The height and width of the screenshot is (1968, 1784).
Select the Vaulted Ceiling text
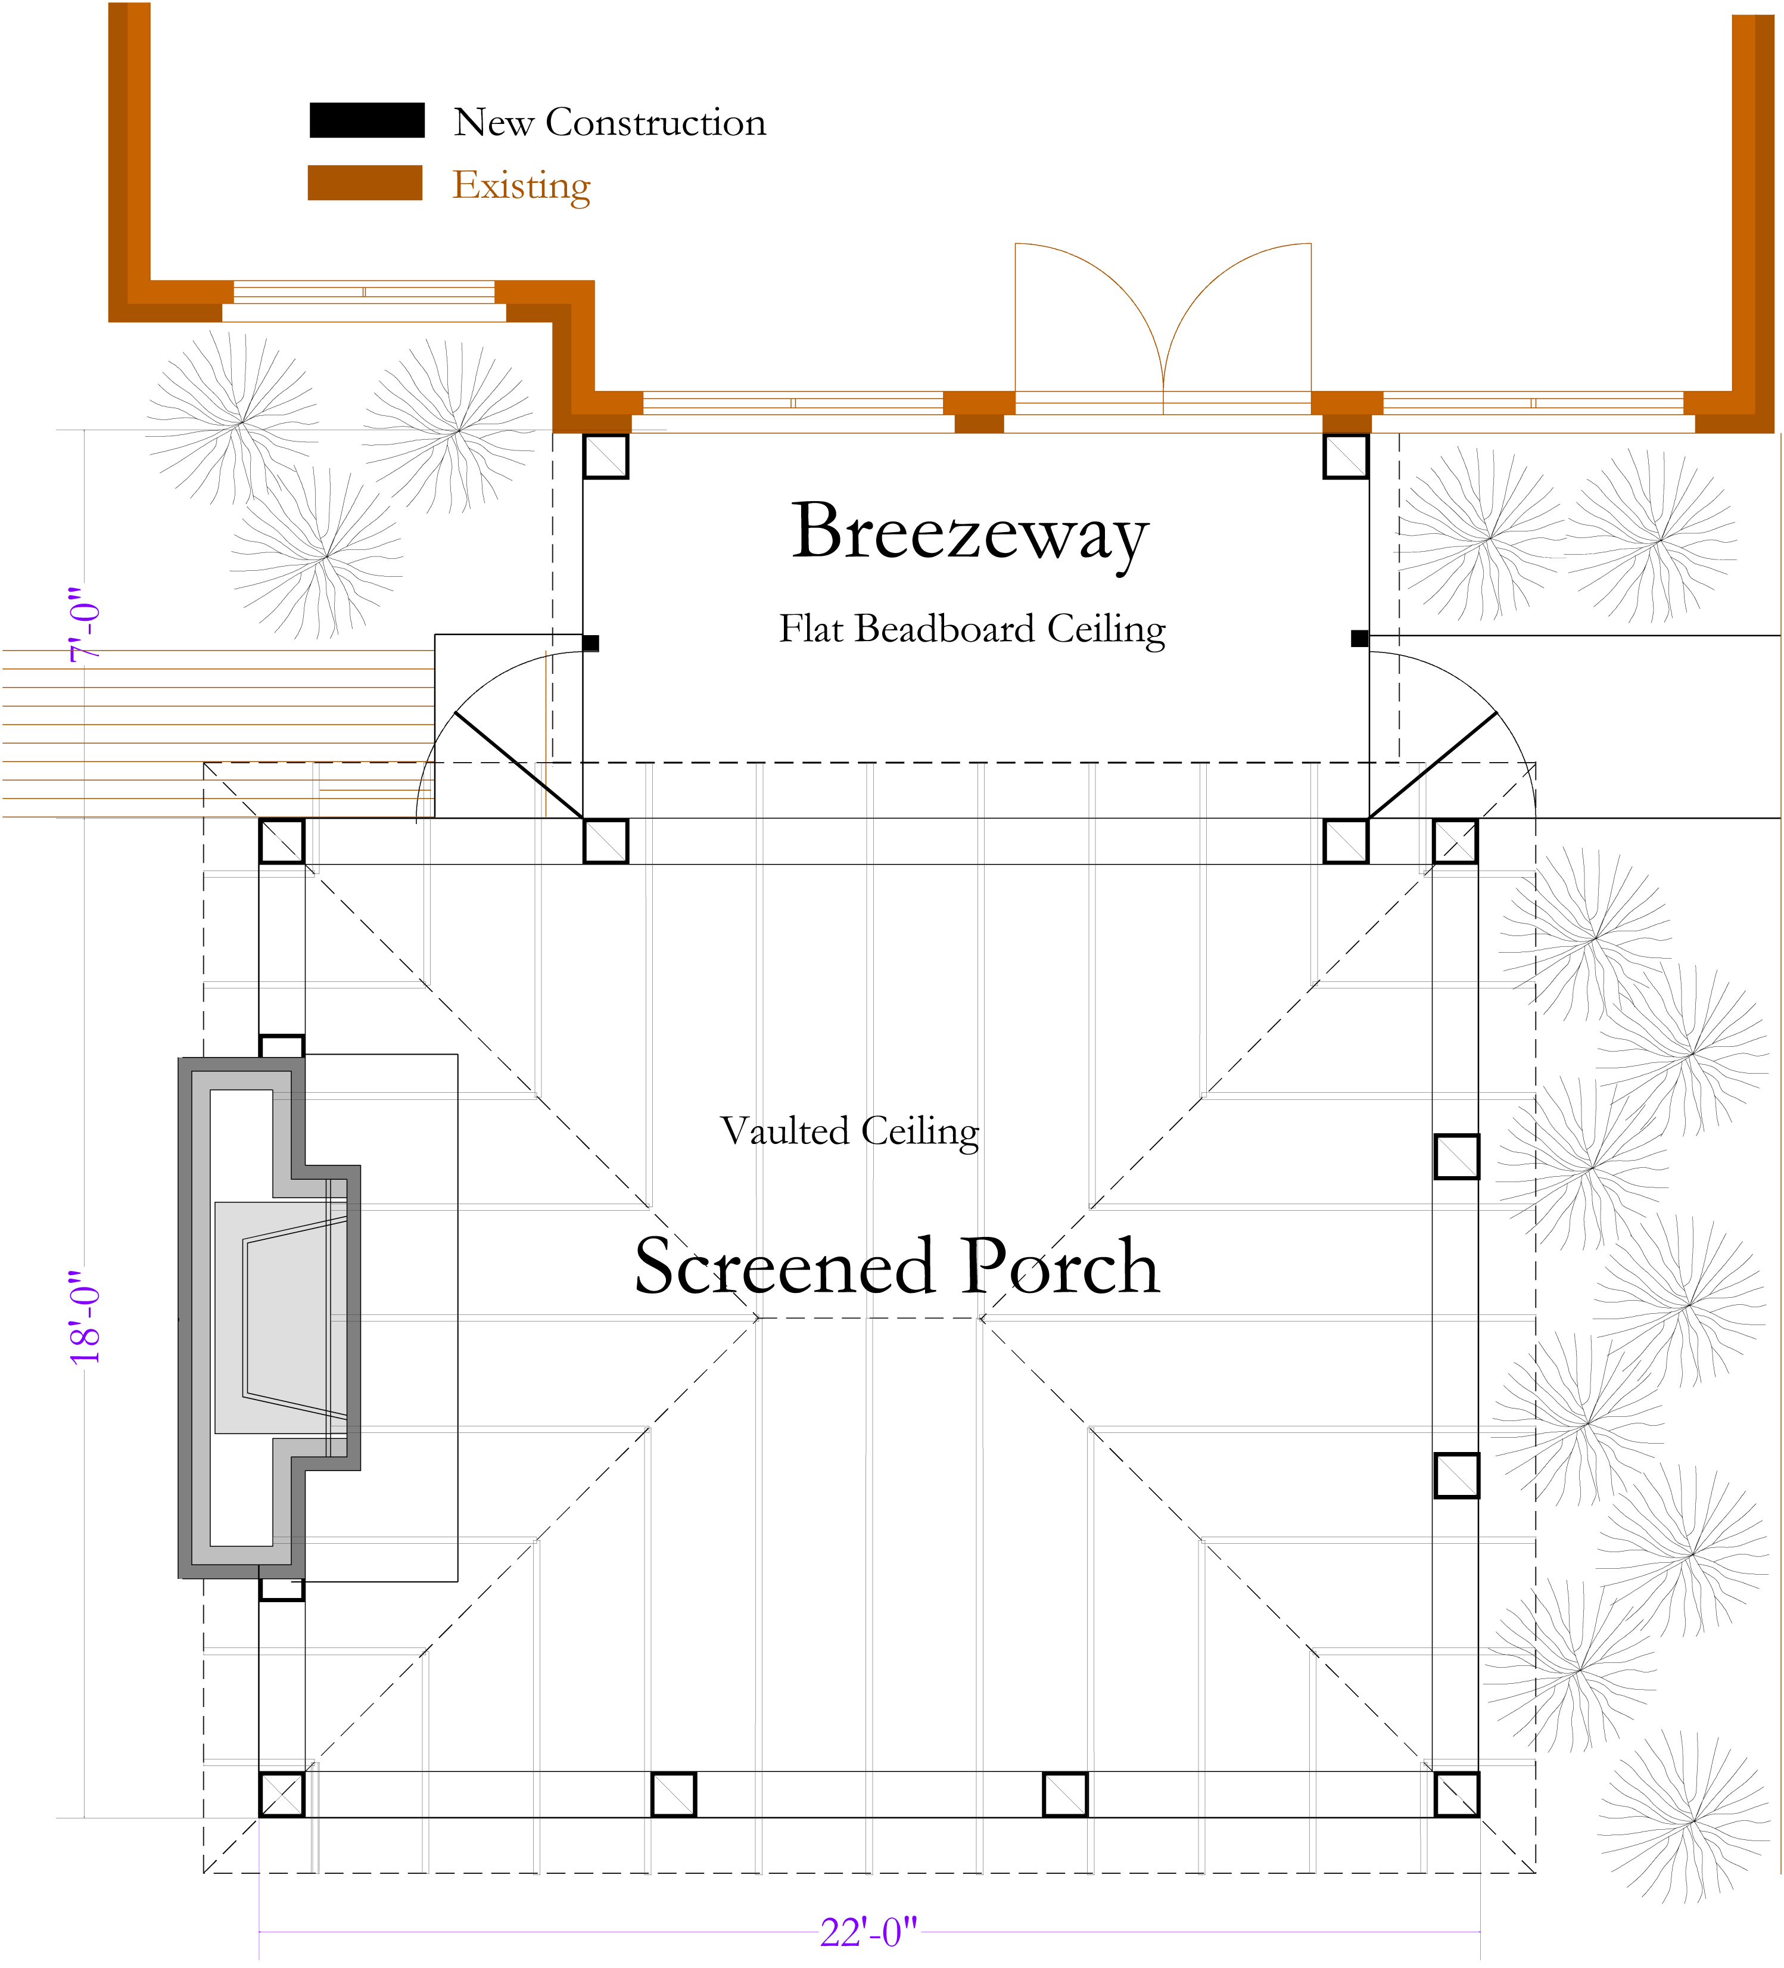849,1131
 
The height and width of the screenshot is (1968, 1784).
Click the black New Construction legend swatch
367,120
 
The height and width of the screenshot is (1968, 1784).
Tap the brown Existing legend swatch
365,182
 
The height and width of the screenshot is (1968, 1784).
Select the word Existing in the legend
521,185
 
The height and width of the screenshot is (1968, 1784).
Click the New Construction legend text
610,123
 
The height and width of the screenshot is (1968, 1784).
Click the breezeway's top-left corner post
605,456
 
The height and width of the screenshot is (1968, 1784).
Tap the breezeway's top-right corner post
1345,456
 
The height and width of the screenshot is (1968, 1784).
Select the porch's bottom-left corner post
281,1794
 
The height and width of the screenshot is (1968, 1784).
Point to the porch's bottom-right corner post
1456,1794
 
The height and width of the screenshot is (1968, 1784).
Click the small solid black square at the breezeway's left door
590,643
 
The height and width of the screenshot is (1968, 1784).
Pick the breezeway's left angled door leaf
518,764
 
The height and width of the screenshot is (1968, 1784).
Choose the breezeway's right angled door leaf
1433,764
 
